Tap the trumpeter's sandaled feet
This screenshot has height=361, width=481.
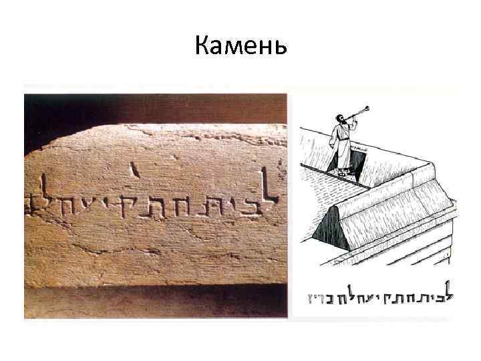342,172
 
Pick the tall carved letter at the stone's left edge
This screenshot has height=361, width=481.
42,191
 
